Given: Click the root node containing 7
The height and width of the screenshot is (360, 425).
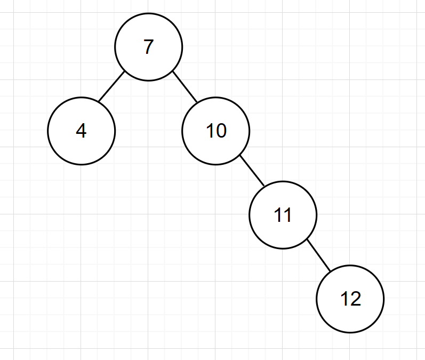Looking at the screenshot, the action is (148, 47).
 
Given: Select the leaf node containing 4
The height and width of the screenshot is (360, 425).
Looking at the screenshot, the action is (81, 131).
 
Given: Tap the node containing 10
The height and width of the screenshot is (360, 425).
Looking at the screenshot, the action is (215, 131).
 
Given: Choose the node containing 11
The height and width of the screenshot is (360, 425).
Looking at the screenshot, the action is (283, 215).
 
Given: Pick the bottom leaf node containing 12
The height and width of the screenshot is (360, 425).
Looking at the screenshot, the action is (350, 299).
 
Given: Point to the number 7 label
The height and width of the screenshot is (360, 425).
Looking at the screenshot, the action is (148, 47).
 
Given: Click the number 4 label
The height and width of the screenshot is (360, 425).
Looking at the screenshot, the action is (81, 131).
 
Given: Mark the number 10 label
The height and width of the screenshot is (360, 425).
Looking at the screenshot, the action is (216, 131).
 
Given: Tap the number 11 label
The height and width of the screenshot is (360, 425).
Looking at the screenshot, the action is (283, 215).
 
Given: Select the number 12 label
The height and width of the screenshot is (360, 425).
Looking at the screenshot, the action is (350, 299).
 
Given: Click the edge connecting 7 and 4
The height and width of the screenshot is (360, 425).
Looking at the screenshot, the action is (111, 87).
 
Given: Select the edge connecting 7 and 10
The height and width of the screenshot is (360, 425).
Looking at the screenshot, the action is (185, 87).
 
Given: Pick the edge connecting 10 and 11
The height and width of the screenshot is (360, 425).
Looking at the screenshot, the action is (252, 171).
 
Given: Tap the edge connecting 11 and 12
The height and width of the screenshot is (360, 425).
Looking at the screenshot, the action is (319, 255).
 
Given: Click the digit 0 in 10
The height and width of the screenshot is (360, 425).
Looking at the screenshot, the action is (221, 131).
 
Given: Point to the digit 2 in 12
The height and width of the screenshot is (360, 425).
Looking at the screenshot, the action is (355, 299).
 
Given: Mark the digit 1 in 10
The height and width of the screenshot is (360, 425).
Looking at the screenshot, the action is (210, 131).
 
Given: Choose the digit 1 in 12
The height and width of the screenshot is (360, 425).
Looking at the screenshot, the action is (344, 299).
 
